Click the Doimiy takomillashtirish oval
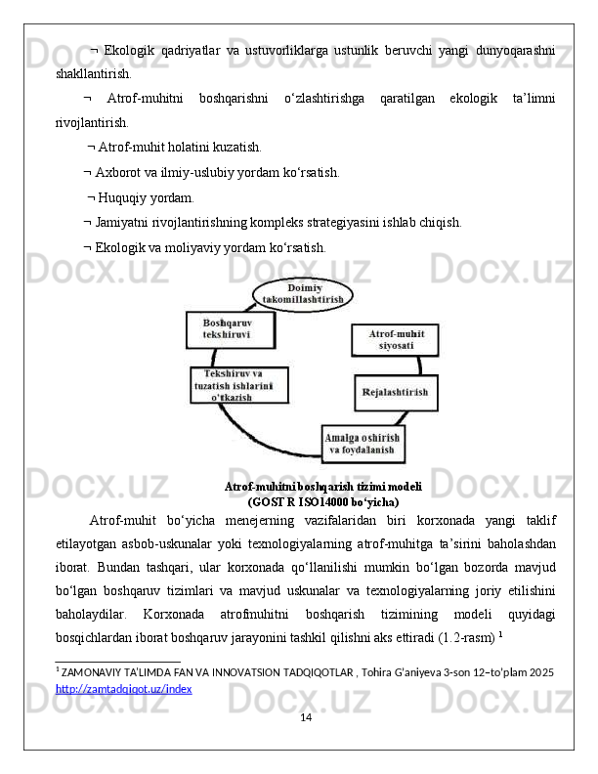(303, 294)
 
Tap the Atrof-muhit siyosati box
(395, 339)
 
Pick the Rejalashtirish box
(396, 392)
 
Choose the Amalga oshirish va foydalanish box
(363, 444)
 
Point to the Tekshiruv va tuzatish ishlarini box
(238, 385)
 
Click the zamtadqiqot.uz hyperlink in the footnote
(124, 689)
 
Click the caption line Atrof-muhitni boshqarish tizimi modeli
(322, 486)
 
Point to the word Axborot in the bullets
(120, 173)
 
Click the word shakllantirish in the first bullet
(92, 73)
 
